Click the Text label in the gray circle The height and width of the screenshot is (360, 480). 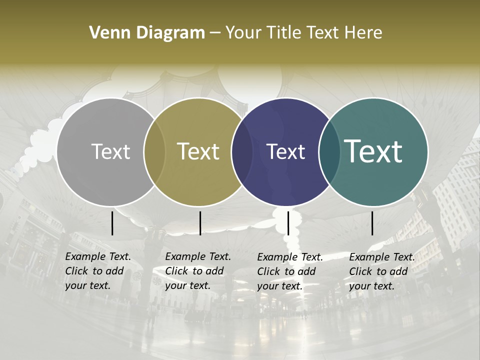point(110,151)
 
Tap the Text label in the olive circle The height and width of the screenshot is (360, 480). point(198,151)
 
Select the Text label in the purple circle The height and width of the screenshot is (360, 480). point(286,151)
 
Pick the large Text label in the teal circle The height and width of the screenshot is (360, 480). point(373,151)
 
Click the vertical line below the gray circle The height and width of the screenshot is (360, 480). point(112,223)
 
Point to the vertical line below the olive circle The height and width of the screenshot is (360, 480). point(200,223)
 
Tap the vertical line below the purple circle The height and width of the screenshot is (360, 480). point(288,223)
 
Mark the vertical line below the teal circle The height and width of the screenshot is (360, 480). point(372,223)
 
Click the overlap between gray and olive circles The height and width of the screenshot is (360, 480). point(154,151)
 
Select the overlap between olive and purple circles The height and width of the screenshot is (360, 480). point(242,151)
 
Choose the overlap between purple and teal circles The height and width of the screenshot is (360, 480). point(329,151)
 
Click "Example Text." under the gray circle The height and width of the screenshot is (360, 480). point(98,256)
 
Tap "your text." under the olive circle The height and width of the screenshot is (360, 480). point(187,285)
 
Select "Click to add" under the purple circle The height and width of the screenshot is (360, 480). point(286,271)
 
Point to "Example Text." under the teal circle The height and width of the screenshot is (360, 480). point(382,257)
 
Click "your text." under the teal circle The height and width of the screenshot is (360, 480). point(371,286)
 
